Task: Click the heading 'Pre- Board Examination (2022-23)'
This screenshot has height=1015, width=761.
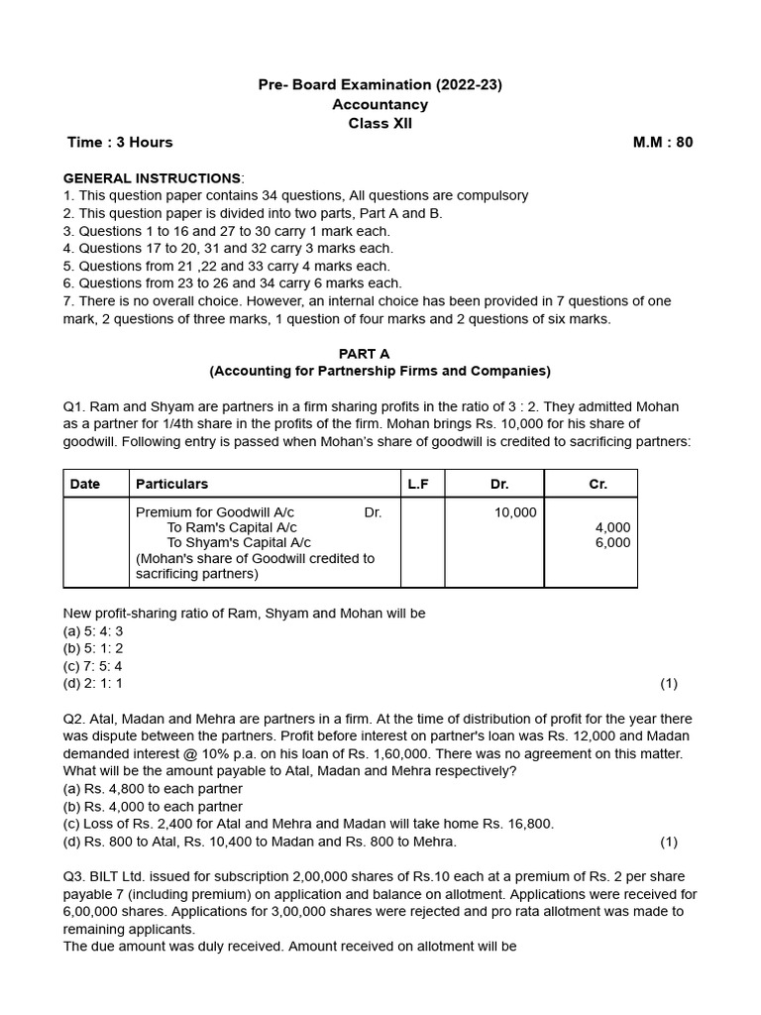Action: coord(380,85)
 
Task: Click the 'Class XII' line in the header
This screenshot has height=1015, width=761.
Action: coord(380,123)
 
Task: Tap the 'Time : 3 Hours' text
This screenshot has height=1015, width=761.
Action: coord(120,142)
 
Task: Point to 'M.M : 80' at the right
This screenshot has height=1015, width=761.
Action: coord(663,142)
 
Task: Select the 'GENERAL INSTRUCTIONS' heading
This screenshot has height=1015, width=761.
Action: coord(152,178)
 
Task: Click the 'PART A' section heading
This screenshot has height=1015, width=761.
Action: coord(380,353)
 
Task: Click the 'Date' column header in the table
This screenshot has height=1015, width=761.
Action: coord(85,484)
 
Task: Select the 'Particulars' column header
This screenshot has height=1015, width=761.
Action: coord(171,484)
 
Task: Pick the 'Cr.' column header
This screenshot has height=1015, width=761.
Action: coord(598,484)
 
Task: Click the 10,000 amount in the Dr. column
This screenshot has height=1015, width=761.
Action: coord(515,512)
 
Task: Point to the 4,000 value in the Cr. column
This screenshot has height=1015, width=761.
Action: coord(612,528)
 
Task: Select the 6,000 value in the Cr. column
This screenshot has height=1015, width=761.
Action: coord(612,543)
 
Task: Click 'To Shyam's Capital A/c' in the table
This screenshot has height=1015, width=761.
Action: coord(238,543)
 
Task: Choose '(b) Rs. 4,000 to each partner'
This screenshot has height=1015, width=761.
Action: coord(153,807)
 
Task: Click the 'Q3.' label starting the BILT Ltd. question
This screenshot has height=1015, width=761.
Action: coord(75,877)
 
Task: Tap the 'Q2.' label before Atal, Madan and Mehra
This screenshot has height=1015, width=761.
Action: coord(75,719)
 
